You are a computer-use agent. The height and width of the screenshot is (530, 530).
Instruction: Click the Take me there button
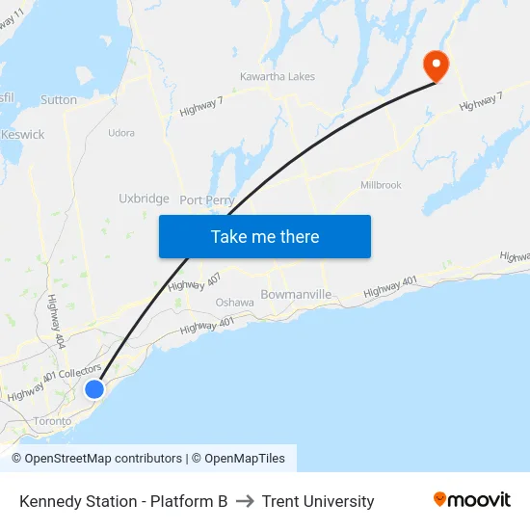pyautogui.click(x=265, y=237)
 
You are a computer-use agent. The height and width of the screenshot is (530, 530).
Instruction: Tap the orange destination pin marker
pyautogui.click(x=437, y=66)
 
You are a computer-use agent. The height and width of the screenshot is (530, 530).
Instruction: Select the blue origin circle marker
pyautogui.click(x=94, y=388)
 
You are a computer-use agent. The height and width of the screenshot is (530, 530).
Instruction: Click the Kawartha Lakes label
pyautogui.click(x=278, y=77)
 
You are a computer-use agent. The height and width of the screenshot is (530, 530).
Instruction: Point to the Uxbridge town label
pyautogui.click(x=144, y=199)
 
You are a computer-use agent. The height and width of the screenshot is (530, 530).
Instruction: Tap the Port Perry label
pyautogui.click(x=207, y=200)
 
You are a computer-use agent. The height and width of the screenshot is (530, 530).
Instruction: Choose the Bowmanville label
pyautogui.click(x=296, y=294)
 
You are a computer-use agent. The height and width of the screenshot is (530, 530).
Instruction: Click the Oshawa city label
pyautogui.click(x=234, y=303)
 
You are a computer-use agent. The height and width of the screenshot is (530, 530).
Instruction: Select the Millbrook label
pyautogui.click(x=381, y=184)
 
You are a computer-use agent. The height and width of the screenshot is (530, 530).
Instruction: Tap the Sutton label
pyautogui.click(x=59, y=99)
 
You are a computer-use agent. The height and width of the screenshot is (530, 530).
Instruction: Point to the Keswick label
pyautogui.click(x=23, y=135)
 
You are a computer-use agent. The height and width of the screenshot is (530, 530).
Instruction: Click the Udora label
pyautogui.click(x=121, y=133)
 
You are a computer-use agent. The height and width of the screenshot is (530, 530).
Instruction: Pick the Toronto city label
pyautogui.click(x=52, y=421)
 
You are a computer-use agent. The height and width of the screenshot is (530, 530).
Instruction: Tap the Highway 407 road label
pyautogui.click(x=194, y=282)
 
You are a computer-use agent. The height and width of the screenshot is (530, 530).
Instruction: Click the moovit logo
pyautogui.click(x=472, y=500)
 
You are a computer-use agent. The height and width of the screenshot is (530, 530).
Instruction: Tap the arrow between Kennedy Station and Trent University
pyautogui.click(x=245, y=501)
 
